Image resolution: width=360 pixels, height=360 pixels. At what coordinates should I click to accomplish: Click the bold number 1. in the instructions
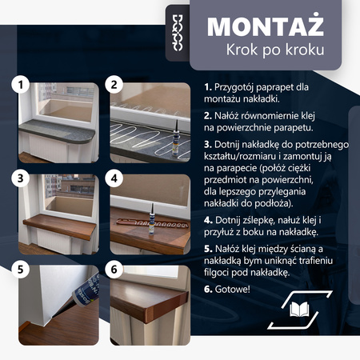(208, 86)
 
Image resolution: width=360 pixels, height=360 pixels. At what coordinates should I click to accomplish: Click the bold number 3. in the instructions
(208, 143)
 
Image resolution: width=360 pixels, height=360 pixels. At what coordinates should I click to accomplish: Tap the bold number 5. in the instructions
(208, 250)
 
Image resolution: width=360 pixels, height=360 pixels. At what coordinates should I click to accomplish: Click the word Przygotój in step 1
(239, 86)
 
